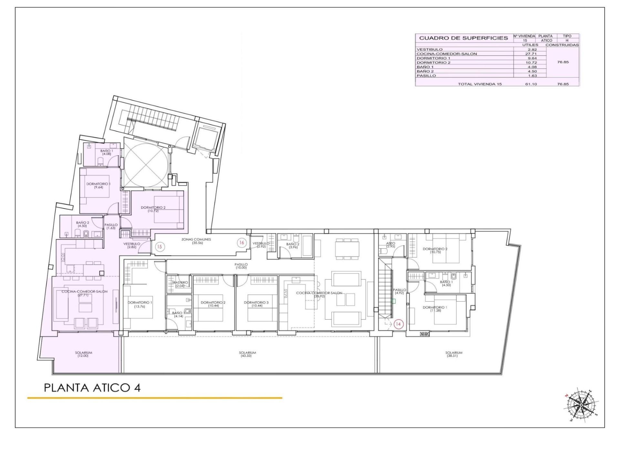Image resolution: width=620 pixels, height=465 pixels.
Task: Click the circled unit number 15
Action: [x=159, y=247]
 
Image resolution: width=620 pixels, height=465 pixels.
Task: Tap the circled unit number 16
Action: [x=241, y=243]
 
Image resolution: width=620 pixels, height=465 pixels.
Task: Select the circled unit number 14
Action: [x=398, y=324]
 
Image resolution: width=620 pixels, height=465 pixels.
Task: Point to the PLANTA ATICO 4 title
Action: [x=92, y=388]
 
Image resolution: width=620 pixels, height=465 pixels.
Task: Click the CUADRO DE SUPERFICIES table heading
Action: [x=463, y=38]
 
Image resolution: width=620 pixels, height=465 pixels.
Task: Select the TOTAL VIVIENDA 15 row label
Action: [x=480, y=84]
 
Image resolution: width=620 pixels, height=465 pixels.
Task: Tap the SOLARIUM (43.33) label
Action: [x=247, y=354]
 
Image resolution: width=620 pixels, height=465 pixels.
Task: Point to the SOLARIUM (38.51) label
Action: [x=454, y=354]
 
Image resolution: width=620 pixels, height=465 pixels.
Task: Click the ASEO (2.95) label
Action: [x=390, y=245]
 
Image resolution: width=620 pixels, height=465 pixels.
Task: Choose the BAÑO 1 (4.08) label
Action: [x=107, y=152]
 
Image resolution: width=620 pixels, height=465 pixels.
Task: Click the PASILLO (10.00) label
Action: [x=241, y=266]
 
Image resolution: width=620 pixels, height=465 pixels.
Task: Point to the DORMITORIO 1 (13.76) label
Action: [x=139, y=304]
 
